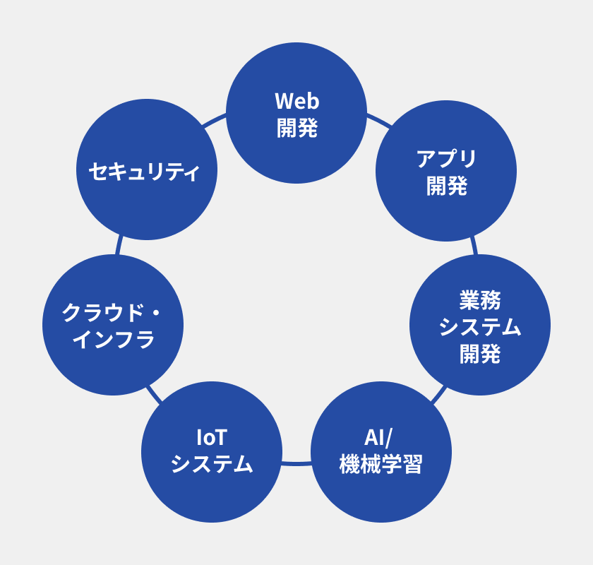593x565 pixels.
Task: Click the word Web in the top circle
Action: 296,101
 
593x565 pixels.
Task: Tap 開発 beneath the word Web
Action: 296,128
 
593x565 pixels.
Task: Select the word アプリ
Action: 446,158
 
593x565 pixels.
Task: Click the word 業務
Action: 480,299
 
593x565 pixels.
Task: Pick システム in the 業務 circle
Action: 480,326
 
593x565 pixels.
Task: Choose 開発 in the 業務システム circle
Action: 480,353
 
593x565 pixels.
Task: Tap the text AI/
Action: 381,438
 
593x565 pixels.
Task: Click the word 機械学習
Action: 381,465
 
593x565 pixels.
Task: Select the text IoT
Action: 212,438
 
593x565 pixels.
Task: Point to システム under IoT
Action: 212,465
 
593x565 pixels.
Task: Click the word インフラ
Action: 113,340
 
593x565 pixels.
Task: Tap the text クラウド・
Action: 113,312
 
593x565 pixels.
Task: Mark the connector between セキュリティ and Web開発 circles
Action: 214,121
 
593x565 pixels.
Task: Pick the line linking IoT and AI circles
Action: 296,463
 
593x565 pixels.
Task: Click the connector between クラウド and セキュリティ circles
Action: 119,245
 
